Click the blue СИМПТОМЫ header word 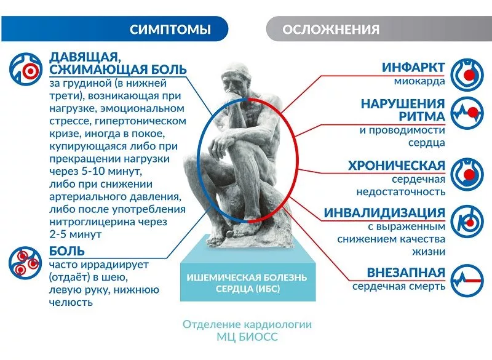170,30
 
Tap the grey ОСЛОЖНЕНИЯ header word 331,30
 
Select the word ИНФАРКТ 413,68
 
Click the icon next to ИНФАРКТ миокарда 467,74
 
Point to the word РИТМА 422,116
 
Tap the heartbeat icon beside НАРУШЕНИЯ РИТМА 467,113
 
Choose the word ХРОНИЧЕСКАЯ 397,166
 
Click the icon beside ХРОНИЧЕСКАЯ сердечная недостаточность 467,174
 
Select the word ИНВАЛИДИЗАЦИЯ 384,212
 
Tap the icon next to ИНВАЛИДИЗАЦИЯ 467,222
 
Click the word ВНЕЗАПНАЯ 406,273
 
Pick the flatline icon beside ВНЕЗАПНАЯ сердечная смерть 467,280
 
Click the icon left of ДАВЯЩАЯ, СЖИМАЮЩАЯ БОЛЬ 26,70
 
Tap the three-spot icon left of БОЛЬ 25,263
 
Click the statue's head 236,77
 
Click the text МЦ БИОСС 247,337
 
